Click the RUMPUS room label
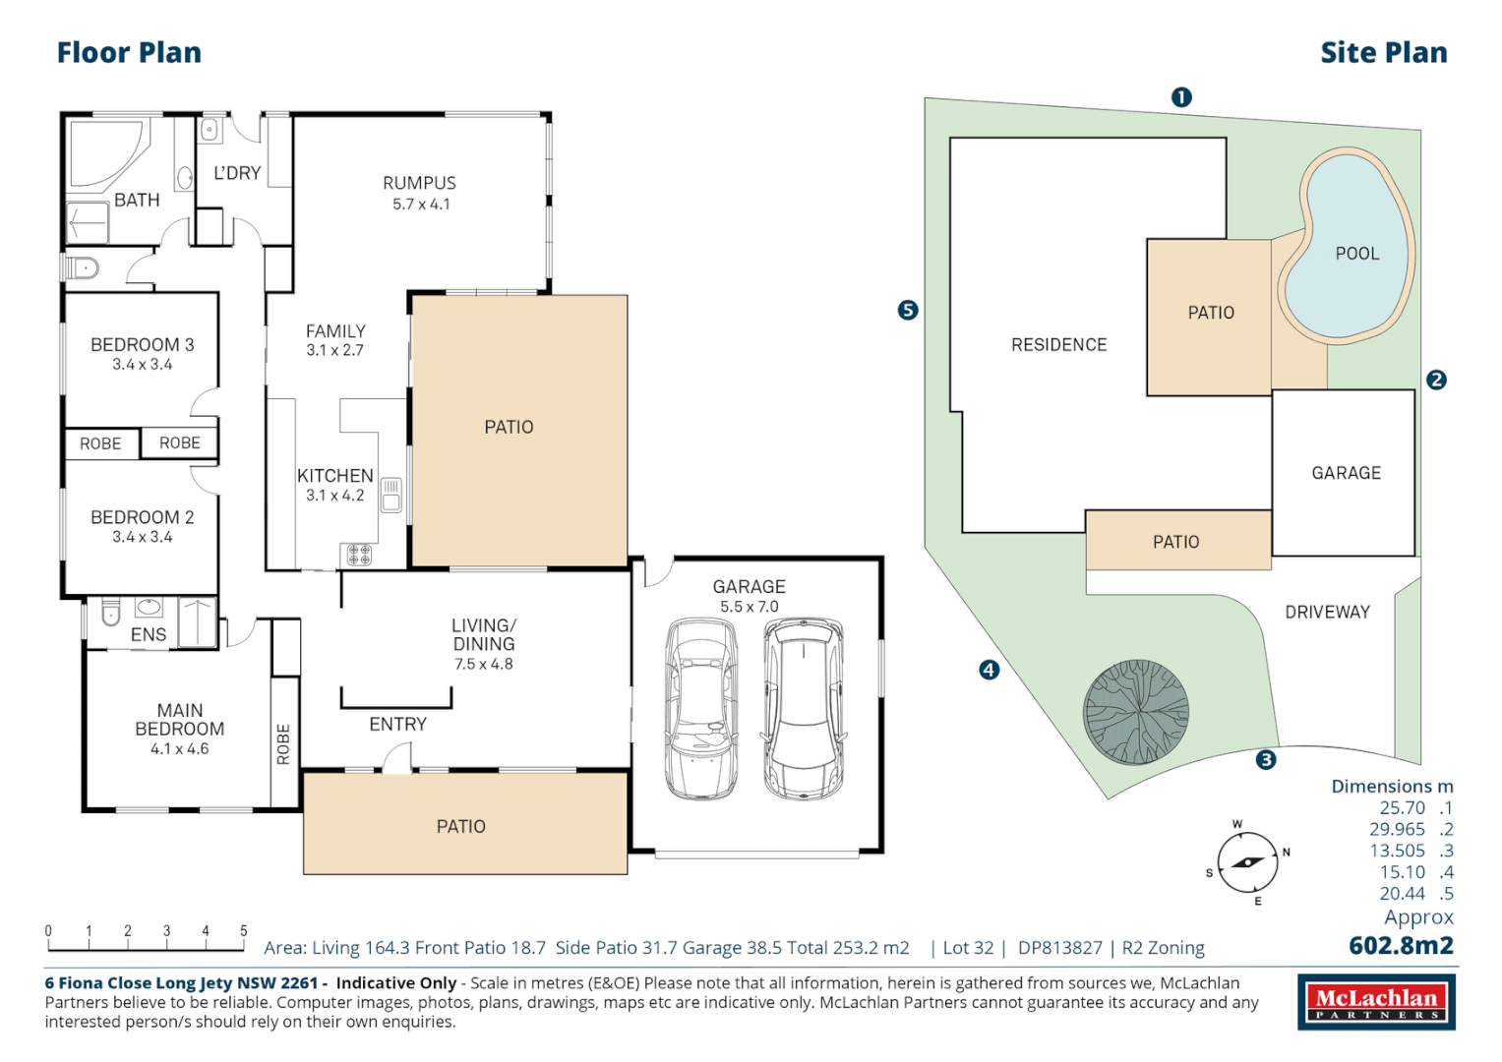point(419,183)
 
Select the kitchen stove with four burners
point(359,555)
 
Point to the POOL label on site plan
point(1356,254)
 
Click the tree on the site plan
point(1136,712)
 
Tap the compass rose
point(1247,862)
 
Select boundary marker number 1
point(1181,97)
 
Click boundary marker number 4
point(990,670)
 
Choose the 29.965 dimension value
point(1397,829)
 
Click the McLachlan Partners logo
point(1376,1002)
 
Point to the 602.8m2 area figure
point(1401,946)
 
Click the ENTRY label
point(397,725)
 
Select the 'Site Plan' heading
point(1383,53)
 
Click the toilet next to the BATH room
point(83,267)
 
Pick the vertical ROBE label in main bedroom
point(284,743)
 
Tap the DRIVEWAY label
point(1327,612)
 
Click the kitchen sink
point(391,495)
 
